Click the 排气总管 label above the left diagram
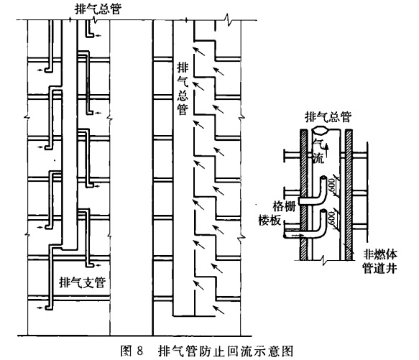tap(98, 9)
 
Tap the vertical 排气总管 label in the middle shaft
tap(183, 88)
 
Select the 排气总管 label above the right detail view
tap(328, 117)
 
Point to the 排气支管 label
tap(83, 282)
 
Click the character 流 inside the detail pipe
tap(318, 158)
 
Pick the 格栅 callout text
tap(285, 206)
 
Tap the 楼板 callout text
tap(270, 220)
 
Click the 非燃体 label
tap(379, 254)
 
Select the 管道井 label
tap(379, 268)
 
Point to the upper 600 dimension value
tap(331, 185)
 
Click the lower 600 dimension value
tap(331, 218)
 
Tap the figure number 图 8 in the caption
tap(132, 351)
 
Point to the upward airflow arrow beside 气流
tap(326, 150)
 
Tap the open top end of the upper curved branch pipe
tap(323, 178)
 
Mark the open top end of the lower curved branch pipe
tap(323, 211)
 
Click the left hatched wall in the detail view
tap(303, 195)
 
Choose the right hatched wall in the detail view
tap(349, 195)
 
